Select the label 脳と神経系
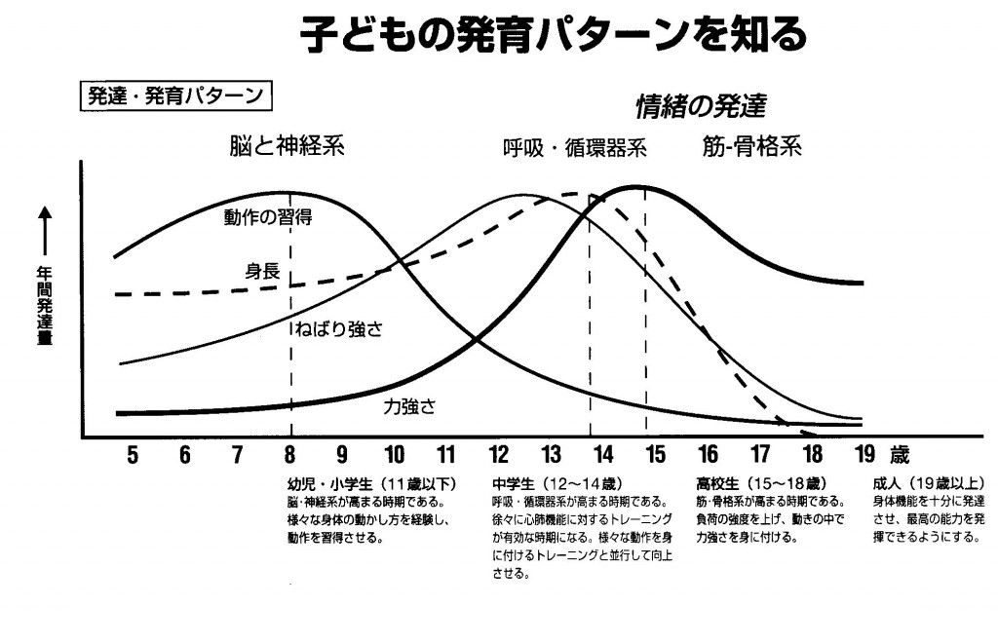pos(282,146)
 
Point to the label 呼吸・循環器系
pos(574,149)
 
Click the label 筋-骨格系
pos(751,146)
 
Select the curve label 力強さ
pos(408,408)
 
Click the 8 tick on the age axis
pos(289,453)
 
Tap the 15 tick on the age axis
pos(655,453)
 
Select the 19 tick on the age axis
pos(864,453)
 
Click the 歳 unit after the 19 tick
pos(899,453)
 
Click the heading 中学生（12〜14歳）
pos(557,483)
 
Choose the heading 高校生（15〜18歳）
pos(762,483)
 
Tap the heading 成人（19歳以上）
pos(931,483)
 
